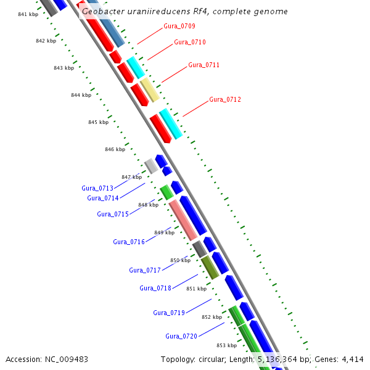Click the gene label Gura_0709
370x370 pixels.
(179, 26)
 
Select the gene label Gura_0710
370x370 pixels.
(190, 42)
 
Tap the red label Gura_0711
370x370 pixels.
(203, 65)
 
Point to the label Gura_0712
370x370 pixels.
(224, 99)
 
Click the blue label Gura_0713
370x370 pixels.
(97, 188)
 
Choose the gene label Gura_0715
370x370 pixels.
(113, 214)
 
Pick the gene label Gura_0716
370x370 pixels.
(129, 242)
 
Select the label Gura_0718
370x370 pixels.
(155, 288)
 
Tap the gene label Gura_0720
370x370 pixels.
(181, 336)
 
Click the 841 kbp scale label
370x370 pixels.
(28, 14)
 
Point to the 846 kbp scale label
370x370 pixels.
(115, 149)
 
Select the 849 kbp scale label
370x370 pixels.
(163, 232)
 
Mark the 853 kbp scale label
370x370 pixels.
(226, 345)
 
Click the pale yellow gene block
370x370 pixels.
(150, 90)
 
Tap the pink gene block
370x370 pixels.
(183, 220)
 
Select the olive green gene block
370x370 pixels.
(210, 266)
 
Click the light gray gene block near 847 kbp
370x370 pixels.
(150, 166)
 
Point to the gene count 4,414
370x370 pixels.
(351, 359)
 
